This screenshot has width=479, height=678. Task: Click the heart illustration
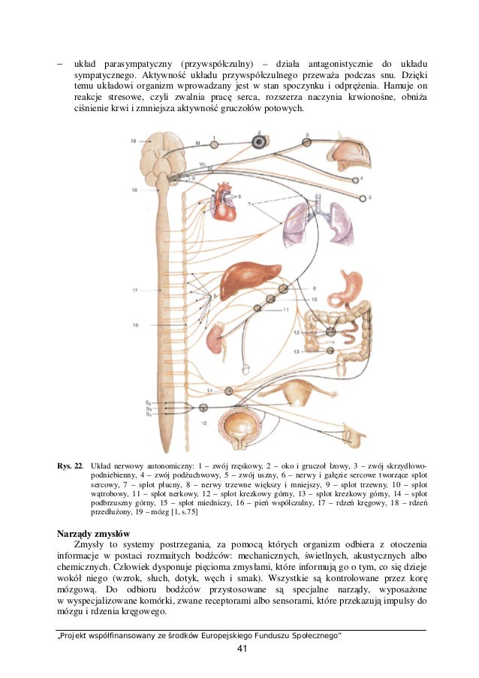coord(224,202)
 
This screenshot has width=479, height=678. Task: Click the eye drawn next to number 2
coord(260,140)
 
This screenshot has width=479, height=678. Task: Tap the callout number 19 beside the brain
coord(133,141)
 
